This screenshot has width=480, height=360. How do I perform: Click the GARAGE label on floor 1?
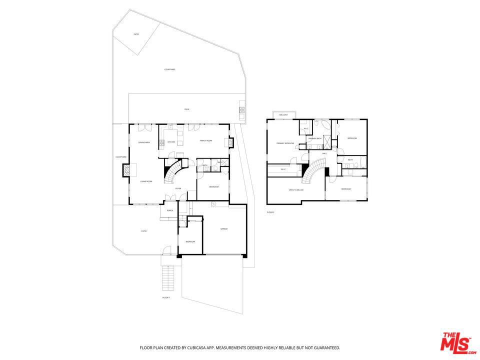pos(224,229)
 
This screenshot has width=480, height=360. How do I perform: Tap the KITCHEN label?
pos(171,142)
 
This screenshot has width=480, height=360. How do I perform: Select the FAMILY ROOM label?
pos(206,141)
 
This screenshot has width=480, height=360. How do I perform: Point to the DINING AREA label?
pos(144,143)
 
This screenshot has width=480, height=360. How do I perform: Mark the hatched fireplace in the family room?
pos(231,142)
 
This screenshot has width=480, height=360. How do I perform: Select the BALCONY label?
pos(283,115)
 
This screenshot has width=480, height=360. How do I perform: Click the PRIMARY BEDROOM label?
pos(285,143)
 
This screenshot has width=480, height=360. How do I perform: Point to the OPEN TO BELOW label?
pos(296,190)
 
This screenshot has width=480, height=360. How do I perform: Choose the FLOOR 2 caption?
pos(270,212)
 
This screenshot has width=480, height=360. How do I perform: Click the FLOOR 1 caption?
pos(166,297)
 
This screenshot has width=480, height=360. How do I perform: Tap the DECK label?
pos(186,109)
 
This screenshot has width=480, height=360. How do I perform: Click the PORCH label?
pos(170,210)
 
